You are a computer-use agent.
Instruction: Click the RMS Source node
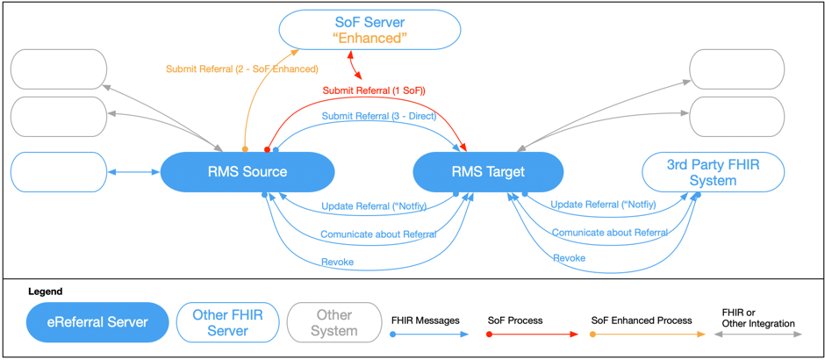click(x=247, y=172)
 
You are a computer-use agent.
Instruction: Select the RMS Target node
click(x=487, y=172)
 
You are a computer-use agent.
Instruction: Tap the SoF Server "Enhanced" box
click(x=369, y=30)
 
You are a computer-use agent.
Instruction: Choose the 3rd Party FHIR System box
click(x=713, y=172)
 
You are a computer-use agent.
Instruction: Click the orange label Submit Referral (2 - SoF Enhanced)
click(x=241, y=68)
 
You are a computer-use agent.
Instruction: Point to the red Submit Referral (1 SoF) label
click(x=374, y=90)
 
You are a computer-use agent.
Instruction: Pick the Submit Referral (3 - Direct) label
click(x=372, y=116)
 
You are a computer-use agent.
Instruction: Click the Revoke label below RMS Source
click(x=337, y=262)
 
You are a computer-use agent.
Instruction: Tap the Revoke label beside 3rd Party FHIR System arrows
click(x=569, y=258)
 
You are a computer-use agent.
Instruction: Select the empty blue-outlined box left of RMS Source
click(x=58, y=172)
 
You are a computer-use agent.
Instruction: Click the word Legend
click(x=46, y=292)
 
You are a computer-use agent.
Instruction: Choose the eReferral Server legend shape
click(x=97, y=322)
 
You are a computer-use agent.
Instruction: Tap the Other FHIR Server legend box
click(x=227, y=322)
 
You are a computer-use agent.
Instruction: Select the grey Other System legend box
click(x=334, y=322)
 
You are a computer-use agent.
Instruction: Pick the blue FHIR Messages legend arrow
click(x=430, y=335)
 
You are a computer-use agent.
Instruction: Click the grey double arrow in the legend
click(x=758, y=335)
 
